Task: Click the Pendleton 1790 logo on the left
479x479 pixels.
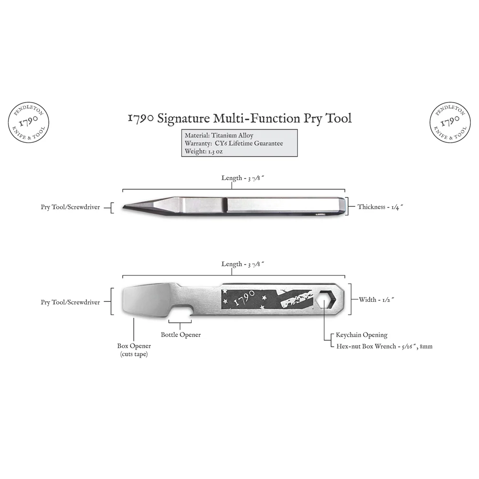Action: pos(28,122)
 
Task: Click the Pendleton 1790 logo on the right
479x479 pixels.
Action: pos(450,122)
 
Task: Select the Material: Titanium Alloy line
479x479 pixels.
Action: pos(219,136)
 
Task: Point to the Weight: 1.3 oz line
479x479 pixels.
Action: pos(204,151)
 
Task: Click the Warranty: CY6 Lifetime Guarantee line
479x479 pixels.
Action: pos(234,143)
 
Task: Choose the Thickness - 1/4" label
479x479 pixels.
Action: pos(380,207)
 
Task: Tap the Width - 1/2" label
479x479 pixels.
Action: pos(376,300)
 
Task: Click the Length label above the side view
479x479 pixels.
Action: pos(242,178)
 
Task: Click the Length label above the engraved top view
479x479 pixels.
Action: pos(242,264)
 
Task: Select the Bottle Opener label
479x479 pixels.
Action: pos(181,334)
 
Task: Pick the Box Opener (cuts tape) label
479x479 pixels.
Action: pos(134,350)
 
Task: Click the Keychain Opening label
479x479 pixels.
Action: pos(361,335)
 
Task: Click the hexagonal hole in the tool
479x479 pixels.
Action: pos(326,299)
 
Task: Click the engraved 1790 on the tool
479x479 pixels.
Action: pos(244,298)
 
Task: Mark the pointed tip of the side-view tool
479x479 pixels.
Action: pos(123,207)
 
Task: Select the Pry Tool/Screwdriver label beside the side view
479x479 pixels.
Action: pos(70,207)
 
